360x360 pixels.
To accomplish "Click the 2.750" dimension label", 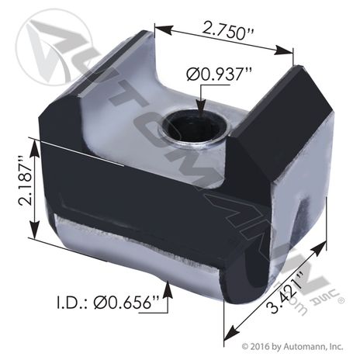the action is (227, 31).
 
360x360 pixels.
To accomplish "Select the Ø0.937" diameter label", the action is (219, 75).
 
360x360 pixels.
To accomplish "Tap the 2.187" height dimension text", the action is (26, 181).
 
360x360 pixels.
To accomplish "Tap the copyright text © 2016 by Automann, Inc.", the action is (292, 346).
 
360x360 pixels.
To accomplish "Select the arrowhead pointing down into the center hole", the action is (200, 110).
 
